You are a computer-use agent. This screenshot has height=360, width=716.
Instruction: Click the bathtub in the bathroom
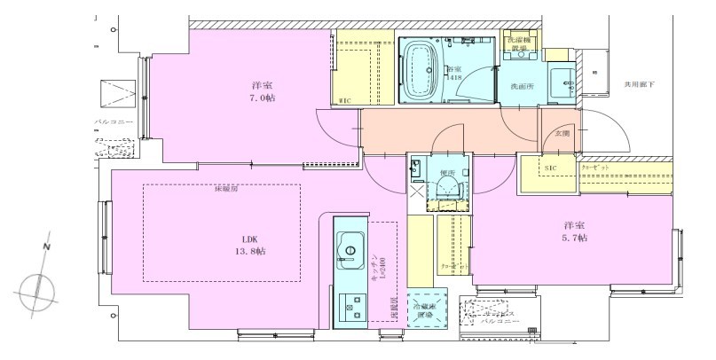tap(421, 72)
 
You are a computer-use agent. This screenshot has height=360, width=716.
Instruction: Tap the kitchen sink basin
tap(350, 245)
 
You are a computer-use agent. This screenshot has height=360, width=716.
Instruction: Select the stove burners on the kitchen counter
tap(350, 306)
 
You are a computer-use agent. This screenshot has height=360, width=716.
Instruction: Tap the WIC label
tap(345, 102)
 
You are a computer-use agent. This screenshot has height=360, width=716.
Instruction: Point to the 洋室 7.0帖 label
tap(261, 91)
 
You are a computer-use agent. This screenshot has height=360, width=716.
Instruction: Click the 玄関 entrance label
tap(563, 133)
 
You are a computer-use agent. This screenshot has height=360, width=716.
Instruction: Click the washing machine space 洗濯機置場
tap(520, 47)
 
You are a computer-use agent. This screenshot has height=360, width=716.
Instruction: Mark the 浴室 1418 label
tap(453, 73)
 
